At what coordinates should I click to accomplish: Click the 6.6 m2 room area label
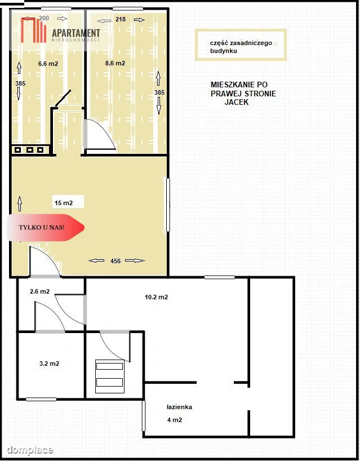(48, 64)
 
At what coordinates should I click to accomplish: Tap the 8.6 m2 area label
(115, 63)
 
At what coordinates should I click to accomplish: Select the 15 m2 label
(64, 203)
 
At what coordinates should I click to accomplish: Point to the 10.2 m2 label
(157, 297)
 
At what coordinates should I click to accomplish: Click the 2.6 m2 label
(39, 291)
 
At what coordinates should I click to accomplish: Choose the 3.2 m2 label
(50, 364)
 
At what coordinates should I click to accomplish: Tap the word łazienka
(179, 407)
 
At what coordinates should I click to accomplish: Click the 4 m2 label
(175, 420)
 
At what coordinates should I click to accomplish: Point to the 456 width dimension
(115, 261)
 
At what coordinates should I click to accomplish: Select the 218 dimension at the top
(121, 19)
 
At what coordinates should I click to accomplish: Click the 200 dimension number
(44, 18)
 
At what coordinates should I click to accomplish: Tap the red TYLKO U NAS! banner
(46, 228)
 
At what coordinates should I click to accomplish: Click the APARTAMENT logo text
(76, 33)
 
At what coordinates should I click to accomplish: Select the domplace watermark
(30, 450)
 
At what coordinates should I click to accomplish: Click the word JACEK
(237, 103)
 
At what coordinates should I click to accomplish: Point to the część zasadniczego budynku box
(241, 45)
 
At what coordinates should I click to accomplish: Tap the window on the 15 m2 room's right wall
(168, 205)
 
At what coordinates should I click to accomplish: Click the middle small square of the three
(30, 150)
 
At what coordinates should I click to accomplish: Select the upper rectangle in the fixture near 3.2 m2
(110, 366)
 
